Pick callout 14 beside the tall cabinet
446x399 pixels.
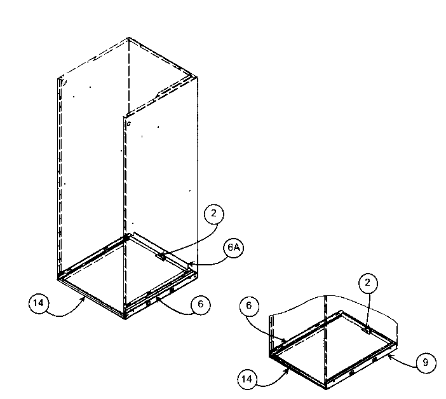[x=38, y=304]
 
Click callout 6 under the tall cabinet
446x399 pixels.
[x=200, y=305]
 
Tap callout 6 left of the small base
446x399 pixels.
[x=249, y=306]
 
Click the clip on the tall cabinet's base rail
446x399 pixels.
[x=161, y=257]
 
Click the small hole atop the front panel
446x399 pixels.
[x=128, y=125]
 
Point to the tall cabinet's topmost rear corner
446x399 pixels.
[x=129, y=38]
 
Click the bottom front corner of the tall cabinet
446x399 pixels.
[x=125, y=318]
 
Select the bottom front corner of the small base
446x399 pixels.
[x=327, y=388]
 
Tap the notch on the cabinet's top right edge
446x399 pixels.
[x=158, y=96]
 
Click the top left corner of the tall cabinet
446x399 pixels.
[x=58, y=78]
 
